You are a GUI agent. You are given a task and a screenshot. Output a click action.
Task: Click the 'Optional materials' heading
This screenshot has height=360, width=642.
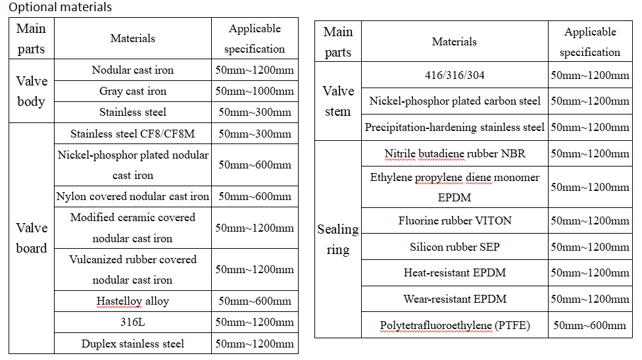tap(61, 8)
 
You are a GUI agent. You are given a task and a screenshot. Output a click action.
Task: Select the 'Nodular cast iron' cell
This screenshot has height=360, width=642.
tap(133, 70)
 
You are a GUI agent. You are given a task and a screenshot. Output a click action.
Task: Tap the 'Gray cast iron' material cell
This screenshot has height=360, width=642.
tap(133, 91)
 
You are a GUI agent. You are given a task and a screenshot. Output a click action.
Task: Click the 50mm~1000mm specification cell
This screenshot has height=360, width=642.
tap(255, 91)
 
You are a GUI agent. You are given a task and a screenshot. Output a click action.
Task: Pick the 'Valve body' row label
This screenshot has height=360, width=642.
tap(32, 91)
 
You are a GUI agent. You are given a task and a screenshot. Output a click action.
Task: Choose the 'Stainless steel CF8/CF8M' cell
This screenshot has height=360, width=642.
tap(133, 134)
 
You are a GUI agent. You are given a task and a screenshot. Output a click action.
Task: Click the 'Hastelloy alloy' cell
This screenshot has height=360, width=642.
tap(133, 301)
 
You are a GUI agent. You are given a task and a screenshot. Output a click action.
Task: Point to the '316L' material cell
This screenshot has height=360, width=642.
tap(133, 322)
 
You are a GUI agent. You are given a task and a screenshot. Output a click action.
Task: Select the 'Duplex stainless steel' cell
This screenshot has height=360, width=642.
tap(133, 344)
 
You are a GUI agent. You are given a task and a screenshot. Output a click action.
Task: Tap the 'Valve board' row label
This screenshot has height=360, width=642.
tap(32, 238)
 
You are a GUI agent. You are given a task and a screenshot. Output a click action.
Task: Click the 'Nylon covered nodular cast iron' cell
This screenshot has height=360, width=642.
tap(133, 196)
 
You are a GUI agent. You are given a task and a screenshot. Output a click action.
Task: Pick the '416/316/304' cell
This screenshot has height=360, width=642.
tap(455, 75)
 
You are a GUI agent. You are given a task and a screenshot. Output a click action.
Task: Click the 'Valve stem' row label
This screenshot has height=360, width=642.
tap(338, 101)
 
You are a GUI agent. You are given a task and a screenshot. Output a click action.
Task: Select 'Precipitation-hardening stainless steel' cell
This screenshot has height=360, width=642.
tap(455, 127)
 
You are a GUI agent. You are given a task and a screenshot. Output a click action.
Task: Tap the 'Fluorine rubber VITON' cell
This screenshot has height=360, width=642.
tap(455, 220)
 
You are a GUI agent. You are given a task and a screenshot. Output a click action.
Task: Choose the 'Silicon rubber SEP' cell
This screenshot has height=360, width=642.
tap(455, 247)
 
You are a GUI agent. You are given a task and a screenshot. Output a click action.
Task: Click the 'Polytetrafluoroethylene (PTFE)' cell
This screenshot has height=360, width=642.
tap(455, 325)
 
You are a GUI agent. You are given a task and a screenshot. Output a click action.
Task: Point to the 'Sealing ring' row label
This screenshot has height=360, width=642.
tap(338, 239)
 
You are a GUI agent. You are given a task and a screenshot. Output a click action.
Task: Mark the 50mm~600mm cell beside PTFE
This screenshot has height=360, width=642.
tap(589, 325)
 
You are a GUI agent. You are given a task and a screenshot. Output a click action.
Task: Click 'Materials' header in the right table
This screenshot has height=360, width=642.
tap(455, 41)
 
